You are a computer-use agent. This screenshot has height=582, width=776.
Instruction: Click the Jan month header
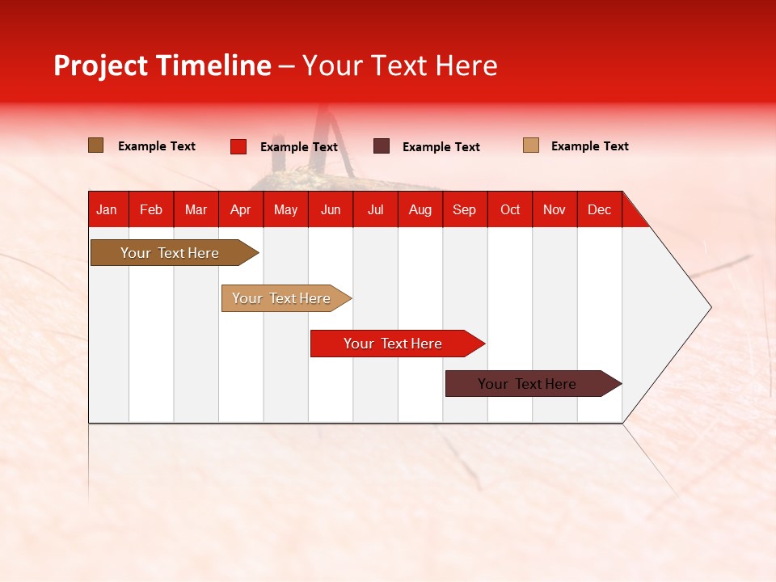[x=107, y=209]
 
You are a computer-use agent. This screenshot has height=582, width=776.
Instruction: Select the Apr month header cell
[x=241, y=209]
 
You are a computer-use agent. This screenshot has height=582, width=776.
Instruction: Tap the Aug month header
[x=420, y=209]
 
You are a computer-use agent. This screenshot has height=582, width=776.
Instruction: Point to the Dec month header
[x=600, y=209]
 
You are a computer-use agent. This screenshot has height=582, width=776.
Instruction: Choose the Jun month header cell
[x=331, y=209]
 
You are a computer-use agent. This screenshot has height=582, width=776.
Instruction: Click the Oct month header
[x=510, y=209]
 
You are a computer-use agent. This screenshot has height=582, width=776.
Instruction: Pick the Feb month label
[x=151, y=209]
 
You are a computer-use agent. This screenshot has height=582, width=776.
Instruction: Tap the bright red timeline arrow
[x=394, y=344]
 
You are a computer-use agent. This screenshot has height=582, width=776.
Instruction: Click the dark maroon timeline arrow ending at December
[x=528, y=384]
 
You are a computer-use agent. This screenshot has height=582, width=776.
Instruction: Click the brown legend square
[x=95, y=145]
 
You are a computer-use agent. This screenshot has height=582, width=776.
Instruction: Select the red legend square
[x=238, y=146]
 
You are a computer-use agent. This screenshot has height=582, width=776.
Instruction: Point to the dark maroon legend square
[x=382, y=146]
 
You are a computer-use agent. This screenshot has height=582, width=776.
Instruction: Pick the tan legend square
[x=531, y=145]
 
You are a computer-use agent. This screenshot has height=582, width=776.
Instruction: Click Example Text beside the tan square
[x=590, y=145]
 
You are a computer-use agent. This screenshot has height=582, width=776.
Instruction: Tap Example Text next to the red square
[x=299, y=146]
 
